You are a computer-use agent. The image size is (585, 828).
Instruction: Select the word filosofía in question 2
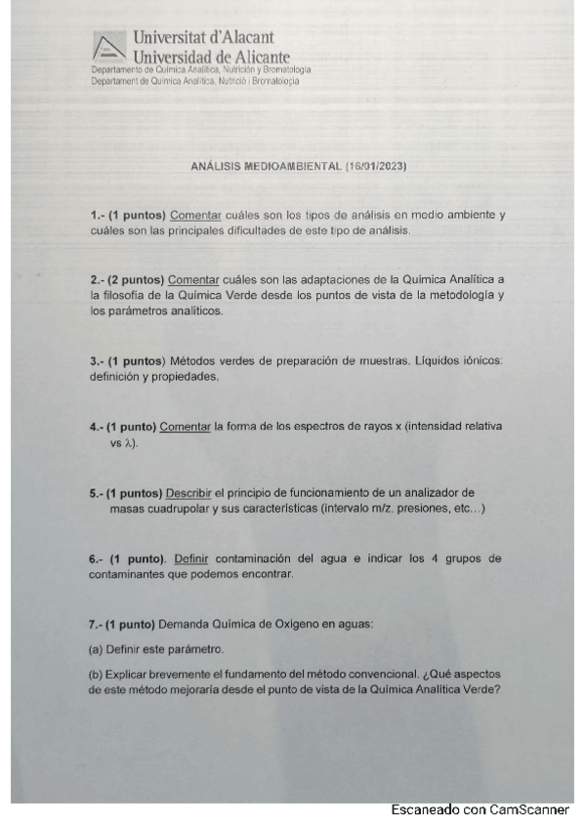tap(123, 295)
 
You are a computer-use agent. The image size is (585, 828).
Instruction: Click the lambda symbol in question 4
tap(129, 442)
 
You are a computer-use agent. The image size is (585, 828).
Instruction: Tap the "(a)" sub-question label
tap(96, 649)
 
